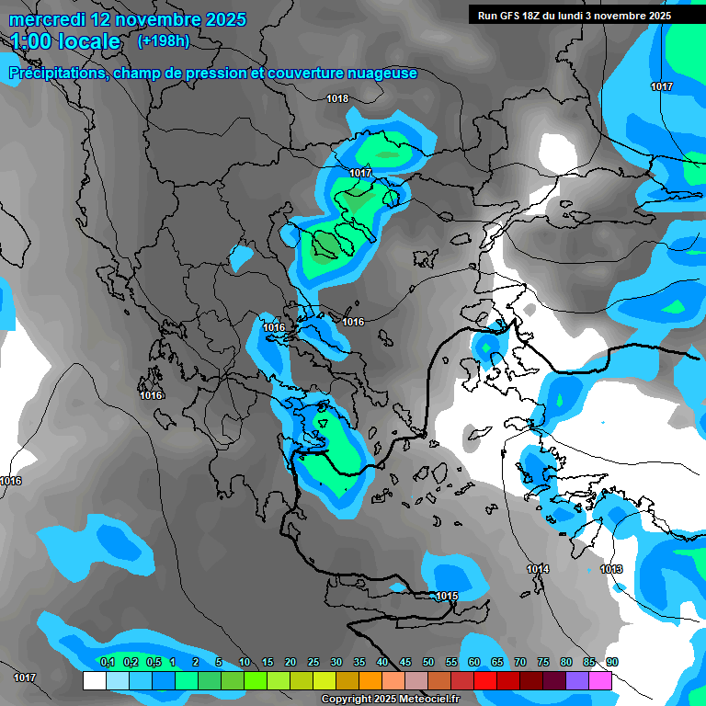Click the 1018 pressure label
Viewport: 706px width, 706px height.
337,99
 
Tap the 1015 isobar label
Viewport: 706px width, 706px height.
447,597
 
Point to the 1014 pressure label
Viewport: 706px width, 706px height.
538,570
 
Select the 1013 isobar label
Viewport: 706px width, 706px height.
611,570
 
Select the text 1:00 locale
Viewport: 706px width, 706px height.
66,42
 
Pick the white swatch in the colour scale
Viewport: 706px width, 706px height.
94,680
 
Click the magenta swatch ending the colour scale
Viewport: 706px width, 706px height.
600,680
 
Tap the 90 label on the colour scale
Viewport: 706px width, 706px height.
611,662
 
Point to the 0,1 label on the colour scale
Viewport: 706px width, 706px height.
107,662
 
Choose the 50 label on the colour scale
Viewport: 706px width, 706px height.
428,662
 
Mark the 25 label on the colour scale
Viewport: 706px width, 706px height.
313,662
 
